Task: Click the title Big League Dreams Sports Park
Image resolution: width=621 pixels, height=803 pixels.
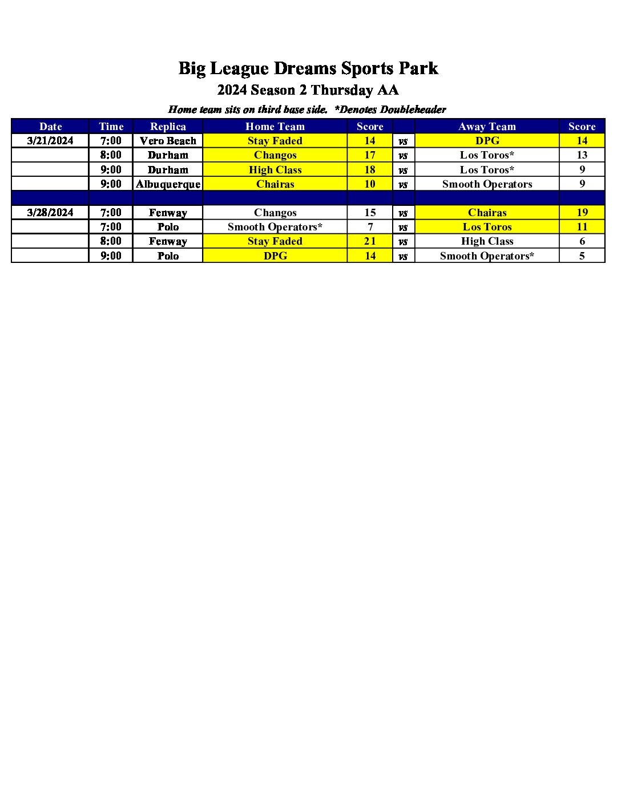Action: pyautogui.click(x=308, y=68)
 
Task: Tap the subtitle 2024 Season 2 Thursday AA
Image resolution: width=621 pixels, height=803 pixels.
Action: pyautogui.click(x=308, y=90)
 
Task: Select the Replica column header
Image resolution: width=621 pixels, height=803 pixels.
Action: pyautogui.click(x=168, y=127)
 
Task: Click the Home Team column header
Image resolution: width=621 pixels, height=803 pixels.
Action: pyautogui.click(x=275, y=127)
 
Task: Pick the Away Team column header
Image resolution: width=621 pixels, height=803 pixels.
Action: pyautogui.click(x=487, y=127)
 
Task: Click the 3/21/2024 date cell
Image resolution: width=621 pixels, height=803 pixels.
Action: pyautogui.click(x=50, y=141)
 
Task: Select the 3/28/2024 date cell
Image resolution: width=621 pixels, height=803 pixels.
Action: pyautogui.click(x=50, y=213)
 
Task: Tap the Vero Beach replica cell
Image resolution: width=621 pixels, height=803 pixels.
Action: pyautogui.click(x=168, y=141)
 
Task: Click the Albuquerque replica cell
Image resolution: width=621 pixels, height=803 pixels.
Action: pyautogui.click(x=168, y=184)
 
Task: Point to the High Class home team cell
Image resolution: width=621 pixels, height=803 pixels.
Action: pyautogui.click(x=275, y=170)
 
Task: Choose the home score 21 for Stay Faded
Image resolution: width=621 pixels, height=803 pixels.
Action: pyautogui.click(x=370, y=241)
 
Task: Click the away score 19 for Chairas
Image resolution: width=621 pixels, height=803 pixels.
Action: pyautogui.click(x=582, y=213)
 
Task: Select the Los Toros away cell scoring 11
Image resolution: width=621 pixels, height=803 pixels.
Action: pyautogui.click(x=487, y=227)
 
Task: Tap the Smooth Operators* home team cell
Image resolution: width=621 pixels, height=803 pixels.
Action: pyautogui.click(x=275, y=227)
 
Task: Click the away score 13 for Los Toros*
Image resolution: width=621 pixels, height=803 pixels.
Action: pyautogui.click(x=582, y=155)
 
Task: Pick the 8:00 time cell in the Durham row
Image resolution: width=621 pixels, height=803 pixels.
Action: pyautogui.click(x=111, y=155)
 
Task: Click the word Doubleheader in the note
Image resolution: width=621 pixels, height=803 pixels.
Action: pyautogui.click(x=413, y=109)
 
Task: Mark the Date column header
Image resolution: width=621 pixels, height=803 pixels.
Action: pyautogui.click(x=50, y=127)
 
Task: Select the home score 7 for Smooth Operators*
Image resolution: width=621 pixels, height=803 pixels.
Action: pyautogui.click(x=370, y=227)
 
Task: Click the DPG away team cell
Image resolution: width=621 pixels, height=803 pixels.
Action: pyautogui.click(x=487, y=141)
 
